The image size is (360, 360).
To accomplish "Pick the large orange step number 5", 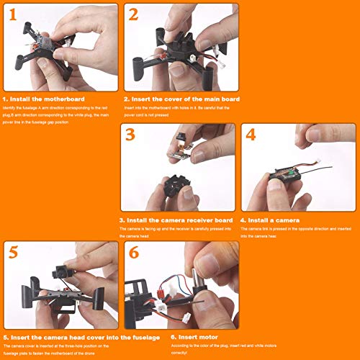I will pos(15,253).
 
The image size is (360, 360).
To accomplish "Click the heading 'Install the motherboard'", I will pos(48,99).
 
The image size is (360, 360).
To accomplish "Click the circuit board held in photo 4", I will pos(287,173).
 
